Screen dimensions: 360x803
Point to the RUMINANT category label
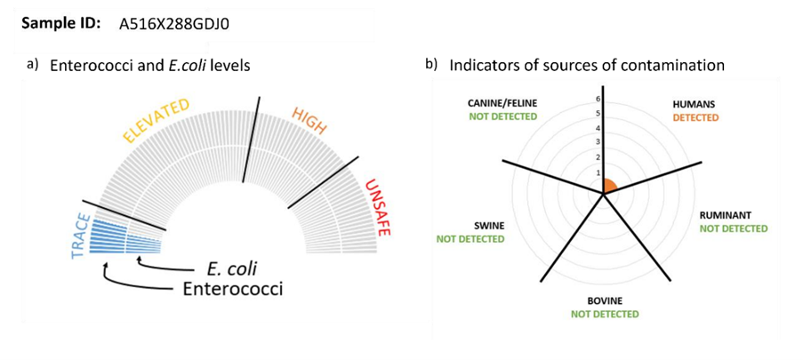tap(727, 216)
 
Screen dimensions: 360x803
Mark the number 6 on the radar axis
tap(598, 99)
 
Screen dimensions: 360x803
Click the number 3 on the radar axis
tap(598, 142)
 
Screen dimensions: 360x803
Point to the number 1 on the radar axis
tap(598, 172)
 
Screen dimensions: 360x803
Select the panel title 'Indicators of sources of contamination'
tap(587, 66)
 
